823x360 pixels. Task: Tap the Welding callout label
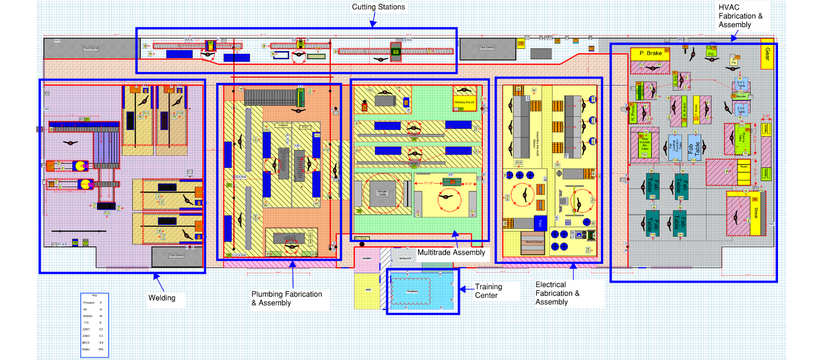point(162,298)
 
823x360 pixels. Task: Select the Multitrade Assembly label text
point(451,252)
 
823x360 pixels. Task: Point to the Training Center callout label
point(488,290)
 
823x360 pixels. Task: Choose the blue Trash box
point(538,223)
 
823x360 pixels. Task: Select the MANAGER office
point(405,258)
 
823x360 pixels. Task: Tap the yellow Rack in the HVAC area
point(744,167)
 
